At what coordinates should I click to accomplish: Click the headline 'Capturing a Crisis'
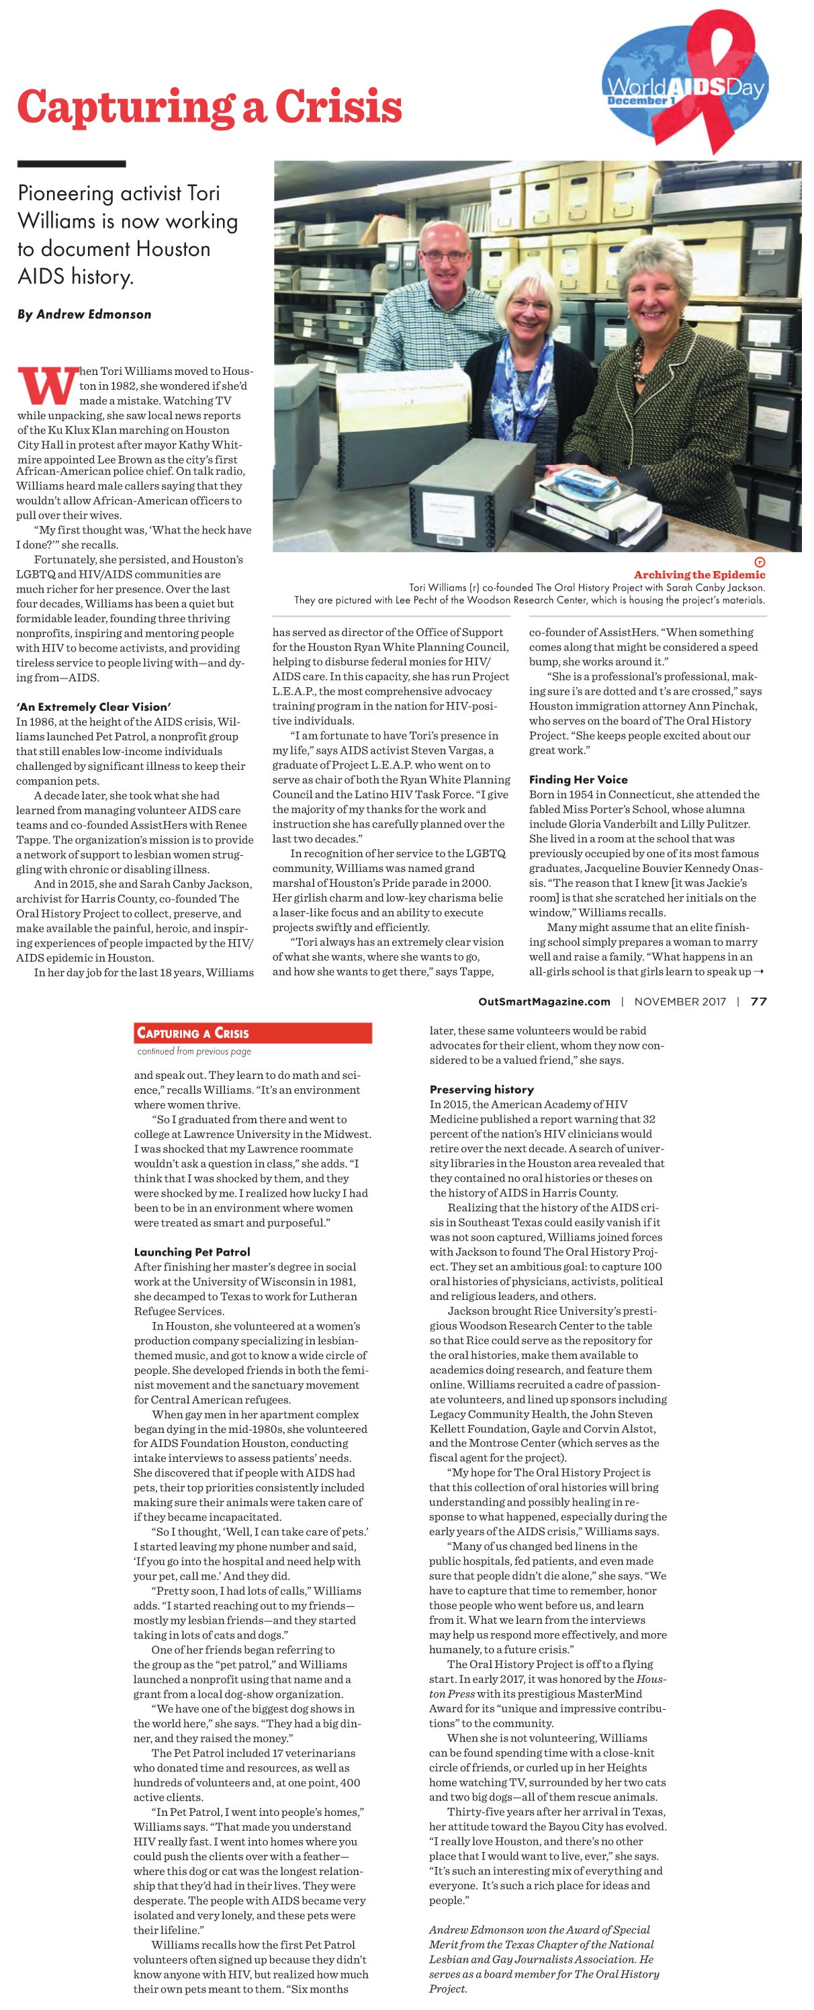point(209,107)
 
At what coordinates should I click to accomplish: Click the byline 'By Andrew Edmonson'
point(84,314)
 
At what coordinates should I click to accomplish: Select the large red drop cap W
point(47,386)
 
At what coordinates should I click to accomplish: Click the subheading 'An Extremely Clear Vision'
point(92,707)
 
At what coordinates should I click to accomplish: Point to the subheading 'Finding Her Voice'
point(578,779)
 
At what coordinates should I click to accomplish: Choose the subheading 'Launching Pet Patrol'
point(192,1252)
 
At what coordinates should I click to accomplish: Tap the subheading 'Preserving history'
point(482,1089)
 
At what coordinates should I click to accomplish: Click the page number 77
point(758,1002)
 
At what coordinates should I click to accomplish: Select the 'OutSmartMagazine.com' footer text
point(544,1002)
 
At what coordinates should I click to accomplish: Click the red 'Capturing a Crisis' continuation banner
point(252,1033)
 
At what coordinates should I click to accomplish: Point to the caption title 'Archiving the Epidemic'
point(699,575)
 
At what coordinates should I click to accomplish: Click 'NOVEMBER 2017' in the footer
point(680,1002)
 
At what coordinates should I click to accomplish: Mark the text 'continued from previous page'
point(194,1051)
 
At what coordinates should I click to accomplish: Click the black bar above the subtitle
point(71,164)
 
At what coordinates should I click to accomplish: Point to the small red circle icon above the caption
point(760,562)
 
